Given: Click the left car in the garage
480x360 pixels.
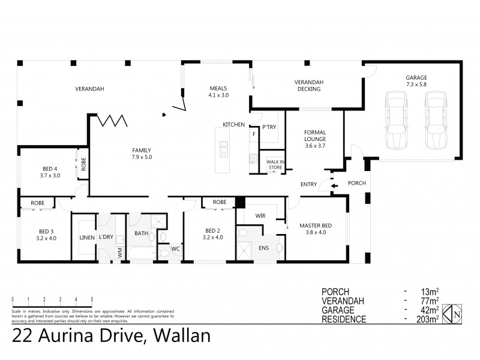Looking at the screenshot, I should [397, 121].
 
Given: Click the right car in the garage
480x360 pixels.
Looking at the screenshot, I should [436, 121].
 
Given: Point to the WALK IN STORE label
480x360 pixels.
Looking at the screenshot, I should [275, 165].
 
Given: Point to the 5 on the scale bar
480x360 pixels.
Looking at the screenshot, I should [92, 298].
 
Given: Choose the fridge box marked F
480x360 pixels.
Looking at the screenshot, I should [254, 133].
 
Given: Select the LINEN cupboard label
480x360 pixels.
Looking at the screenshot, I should [86, 238].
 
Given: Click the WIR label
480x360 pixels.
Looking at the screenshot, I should [260, 215].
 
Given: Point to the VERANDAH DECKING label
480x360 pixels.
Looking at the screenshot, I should [309, 85].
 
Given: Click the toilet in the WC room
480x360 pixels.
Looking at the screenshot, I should [162, 238].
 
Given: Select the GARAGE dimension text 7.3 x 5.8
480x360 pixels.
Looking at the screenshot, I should [416, 85].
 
